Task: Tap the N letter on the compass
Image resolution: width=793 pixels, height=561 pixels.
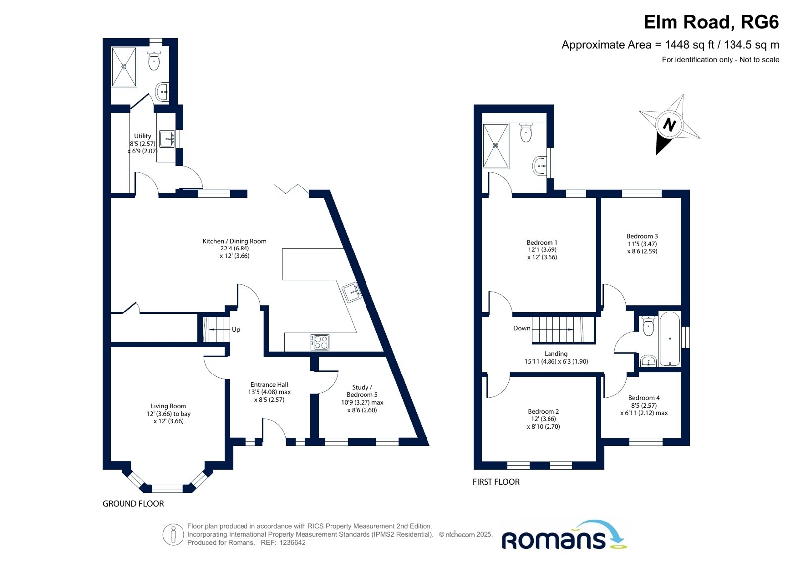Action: point(669,125)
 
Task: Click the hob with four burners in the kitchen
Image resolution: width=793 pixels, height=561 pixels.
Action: point(320,342)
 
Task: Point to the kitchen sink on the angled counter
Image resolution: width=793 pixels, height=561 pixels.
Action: point(352,292)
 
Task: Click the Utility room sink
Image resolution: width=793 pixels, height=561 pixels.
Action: point(167,139)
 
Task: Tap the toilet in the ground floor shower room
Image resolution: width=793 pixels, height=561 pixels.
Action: point(154,61)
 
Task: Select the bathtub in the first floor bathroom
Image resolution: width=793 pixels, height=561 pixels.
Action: point(669,339)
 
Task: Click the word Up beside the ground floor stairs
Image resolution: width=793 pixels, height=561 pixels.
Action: point(236,330)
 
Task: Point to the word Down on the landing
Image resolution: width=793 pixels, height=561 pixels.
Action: point(522,328)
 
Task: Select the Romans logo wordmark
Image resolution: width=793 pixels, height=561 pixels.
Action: point(553,540)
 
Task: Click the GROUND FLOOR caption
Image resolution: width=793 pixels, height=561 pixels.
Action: point(133,504)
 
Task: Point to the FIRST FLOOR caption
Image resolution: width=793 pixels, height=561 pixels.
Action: point(496,482)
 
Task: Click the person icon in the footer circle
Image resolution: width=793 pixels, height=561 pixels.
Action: point(173,534)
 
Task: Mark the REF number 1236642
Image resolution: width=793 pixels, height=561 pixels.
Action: point(293,543)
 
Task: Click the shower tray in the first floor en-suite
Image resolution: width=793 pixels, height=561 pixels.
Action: point(495,145)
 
